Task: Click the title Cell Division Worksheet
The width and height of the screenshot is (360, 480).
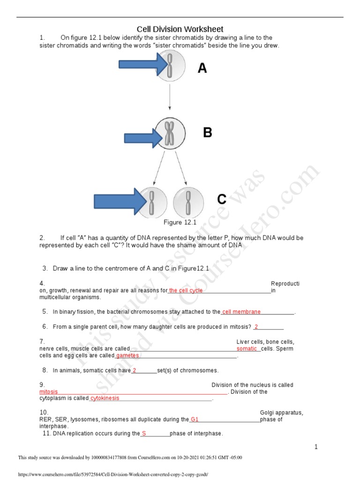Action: [180, 29]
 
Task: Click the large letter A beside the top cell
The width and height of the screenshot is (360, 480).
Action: [202, 68]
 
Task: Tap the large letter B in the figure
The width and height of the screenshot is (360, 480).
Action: [207, 133]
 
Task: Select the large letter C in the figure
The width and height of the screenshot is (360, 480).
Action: [222, 200]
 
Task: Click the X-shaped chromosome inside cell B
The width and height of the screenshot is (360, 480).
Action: [170, 133]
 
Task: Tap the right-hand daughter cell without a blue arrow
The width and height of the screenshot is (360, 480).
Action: [188, 202]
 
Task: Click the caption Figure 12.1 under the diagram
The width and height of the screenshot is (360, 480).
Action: [180, 222]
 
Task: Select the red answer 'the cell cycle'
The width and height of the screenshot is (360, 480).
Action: [186, 291]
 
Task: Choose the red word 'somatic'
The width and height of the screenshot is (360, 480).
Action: [247, 349]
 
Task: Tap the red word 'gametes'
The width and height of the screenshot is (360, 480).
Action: [127, 356]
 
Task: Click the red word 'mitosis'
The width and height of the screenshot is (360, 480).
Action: [49, 392]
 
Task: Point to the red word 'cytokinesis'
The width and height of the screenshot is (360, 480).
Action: [105, 398]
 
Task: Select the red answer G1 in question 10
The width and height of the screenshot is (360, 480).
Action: [195, 420]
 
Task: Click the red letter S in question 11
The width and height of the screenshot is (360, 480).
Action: [144, 434]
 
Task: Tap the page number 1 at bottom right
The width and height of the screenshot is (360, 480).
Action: [316, 447]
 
